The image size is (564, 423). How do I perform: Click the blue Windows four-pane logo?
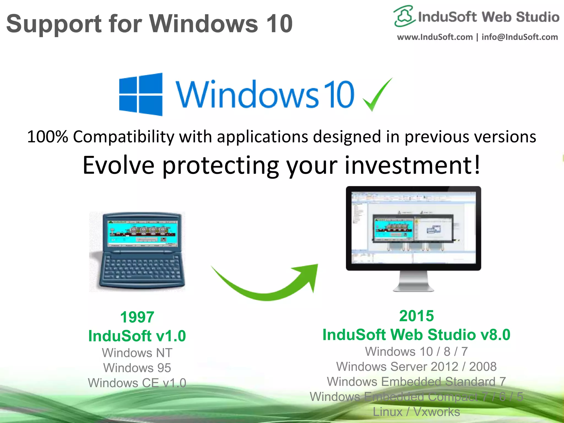141,94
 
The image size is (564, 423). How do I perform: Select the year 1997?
137,317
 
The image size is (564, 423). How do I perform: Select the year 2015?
416,316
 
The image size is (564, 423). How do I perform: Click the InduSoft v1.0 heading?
137,336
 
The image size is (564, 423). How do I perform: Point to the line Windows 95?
137,368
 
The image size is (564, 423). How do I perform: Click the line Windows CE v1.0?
137,383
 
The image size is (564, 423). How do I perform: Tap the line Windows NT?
137,353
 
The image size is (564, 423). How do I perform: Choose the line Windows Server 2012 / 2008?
416,367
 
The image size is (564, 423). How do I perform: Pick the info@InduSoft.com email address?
520,37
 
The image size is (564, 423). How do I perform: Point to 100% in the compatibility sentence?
47,137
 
